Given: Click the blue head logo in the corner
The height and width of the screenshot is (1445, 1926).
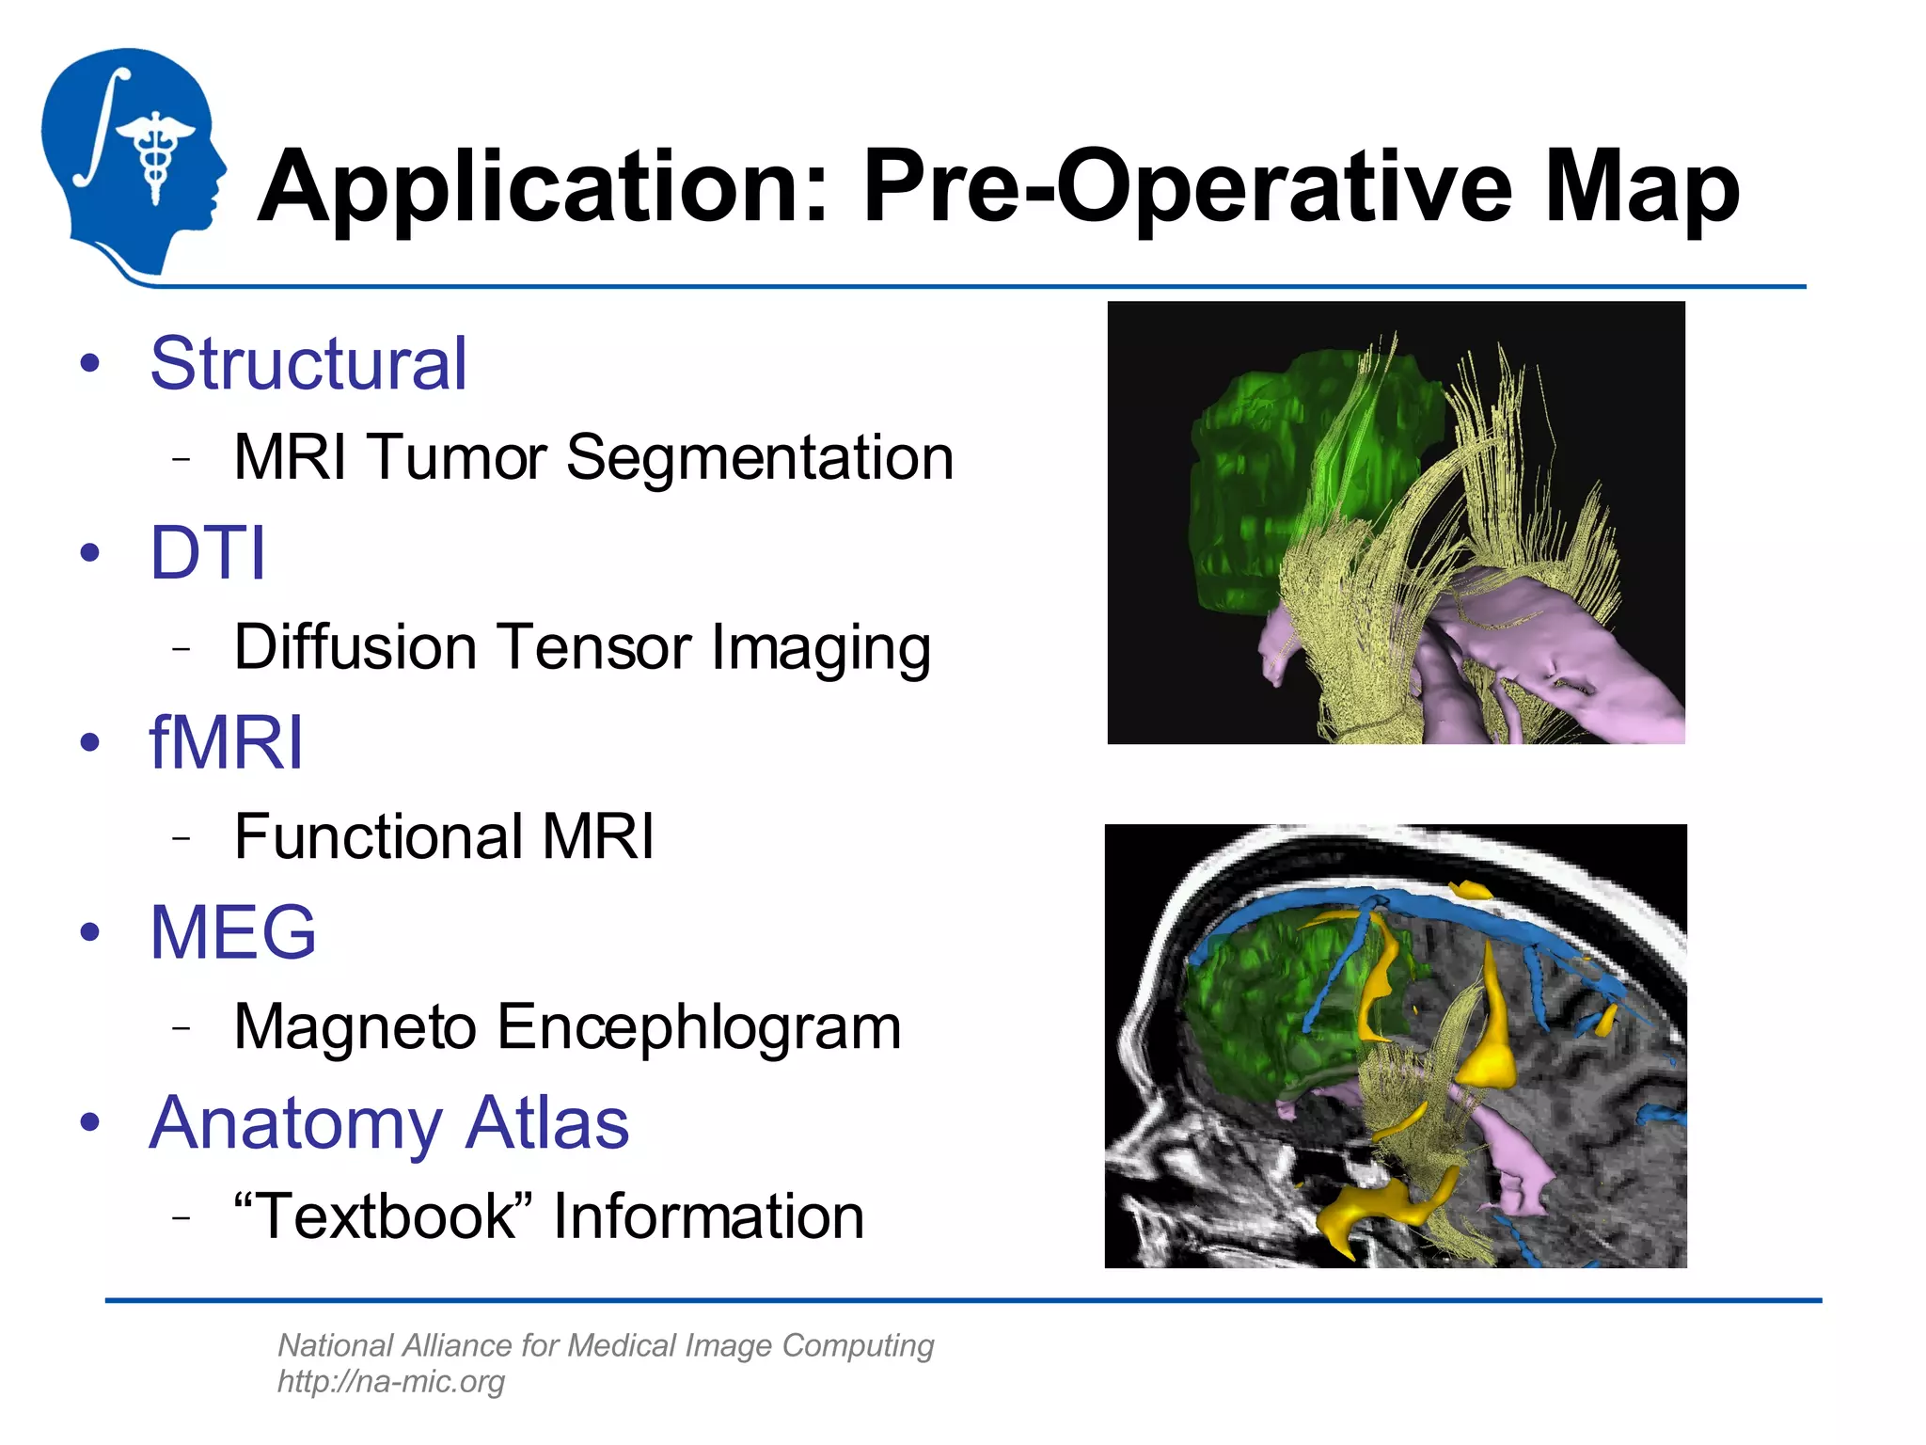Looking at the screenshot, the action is (132, 160).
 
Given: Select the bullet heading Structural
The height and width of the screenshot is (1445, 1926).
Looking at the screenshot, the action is (308, 364).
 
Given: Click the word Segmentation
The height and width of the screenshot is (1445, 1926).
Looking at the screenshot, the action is (760, 458).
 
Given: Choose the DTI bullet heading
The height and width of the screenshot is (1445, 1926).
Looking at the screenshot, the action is (208, 553).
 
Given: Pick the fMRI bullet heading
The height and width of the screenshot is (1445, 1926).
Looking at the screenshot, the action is (227, 743).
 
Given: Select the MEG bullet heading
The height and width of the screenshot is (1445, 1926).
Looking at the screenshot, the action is (233, 932).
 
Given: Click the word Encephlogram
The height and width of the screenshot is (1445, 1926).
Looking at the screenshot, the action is (699, 1026).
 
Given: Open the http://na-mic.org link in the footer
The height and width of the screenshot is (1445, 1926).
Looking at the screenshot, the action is (391, 1382).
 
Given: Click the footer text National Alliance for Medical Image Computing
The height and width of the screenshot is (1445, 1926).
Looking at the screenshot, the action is (606, 1346).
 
